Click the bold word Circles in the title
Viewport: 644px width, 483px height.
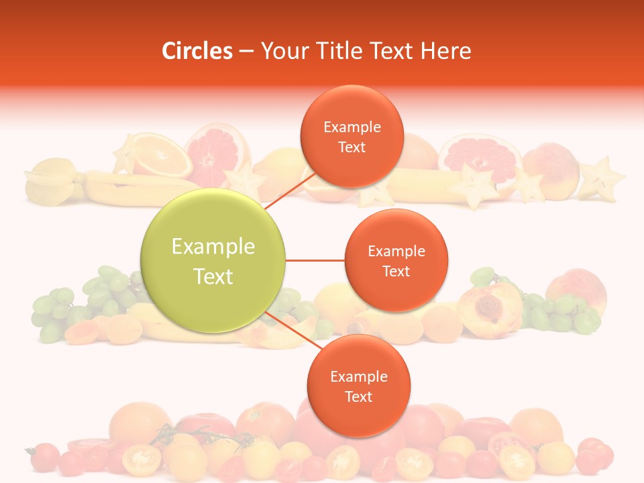(197, 51)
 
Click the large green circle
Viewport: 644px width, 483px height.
(213, 260)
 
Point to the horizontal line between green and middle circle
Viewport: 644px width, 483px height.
(315, 260)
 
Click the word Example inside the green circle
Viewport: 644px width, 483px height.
(213, 247)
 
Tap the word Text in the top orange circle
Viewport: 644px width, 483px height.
(352, 148)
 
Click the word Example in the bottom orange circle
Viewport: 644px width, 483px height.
(358, 377)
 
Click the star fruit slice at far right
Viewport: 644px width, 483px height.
(602, 178)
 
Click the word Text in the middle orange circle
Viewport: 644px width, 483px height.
(396, 272)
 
